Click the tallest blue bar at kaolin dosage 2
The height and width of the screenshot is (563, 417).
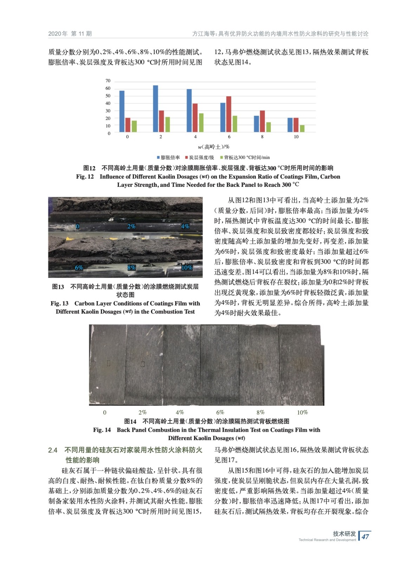click(x=155, y=109)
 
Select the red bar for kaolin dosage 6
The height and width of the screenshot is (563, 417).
click(x=229, y=114)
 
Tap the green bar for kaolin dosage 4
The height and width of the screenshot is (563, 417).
click(x=201, y=122)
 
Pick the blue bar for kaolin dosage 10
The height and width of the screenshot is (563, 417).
click(x=290, y=125)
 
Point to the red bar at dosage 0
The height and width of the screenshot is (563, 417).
click(x=128, y=125)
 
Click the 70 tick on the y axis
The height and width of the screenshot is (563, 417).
click(x=108, y=81)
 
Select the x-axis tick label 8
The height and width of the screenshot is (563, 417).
click(x=262, y=137)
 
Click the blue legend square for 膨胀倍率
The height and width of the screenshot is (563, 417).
click(x=158, y=158)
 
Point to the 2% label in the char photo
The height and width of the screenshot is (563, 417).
click(x=131, y=226)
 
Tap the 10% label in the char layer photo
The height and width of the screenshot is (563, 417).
click(x=187, y=268)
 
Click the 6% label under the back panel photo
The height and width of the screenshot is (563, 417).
click(x=220, y=412)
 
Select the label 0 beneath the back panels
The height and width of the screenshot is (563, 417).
click(x=105, y=412)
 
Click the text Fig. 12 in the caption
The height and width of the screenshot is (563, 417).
click(x=85, y=177)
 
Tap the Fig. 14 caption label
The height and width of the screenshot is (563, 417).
click(x=102, y=430)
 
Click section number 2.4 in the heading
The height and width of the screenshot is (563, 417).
click(x=53, y=450)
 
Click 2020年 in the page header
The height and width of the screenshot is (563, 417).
click(x=58, y=34)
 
